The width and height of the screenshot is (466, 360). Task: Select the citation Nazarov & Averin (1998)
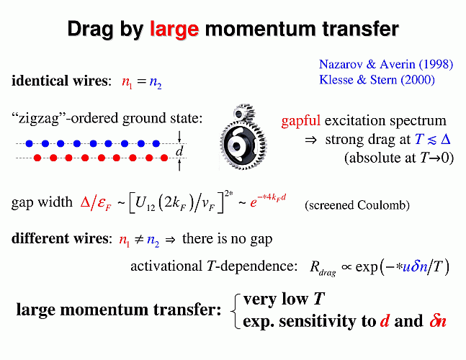(x=386, y=64)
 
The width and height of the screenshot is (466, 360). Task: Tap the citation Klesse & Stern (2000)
(x=377, y=80)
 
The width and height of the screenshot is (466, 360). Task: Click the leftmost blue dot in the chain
(x=29, y=144)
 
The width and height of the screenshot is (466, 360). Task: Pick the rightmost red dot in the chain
(x=164, y=158)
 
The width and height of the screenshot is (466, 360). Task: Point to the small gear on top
(x=243, y=112)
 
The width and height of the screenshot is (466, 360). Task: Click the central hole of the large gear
(x=236, y=146)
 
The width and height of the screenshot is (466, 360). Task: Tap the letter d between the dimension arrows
(x=179, y=151)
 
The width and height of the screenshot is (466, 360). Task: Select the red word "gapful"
(x=300, y=121)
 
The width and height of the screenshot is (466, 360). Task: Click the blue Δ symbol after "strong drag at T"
(x=446, y=139)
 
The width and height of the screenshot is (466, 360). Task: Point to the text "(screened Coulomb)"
(x=357, y=205)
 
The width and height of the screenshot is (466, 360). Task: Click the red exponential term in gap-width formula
(x=268, y=200)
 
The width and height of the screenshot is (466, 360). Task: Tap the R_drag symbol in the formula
(x=323, y=268)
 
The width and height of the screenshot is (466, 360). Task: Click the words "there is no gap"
(x=227, y=239)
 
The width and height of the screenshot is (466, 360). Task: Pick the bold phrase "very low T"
(x=284, y=299)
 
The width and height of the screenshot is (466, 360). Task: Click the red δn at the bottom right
(x=438, y=321)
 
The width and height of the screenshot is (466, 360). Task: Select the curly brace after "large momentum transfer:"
(x=235, y=311)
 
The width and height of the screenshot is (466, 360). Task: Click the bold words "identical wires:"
(x=61, y=81)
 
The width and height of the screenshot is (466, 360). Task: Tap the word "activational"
(x=166, y=266)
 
